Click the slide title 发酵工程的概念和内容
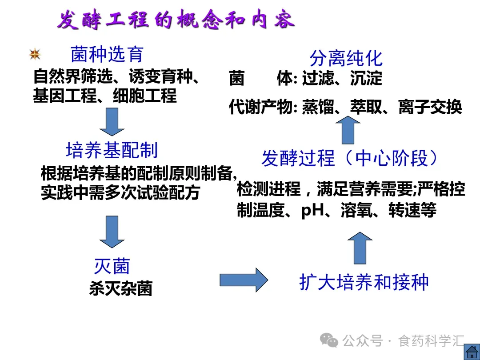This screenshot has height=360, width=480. [x=176, y=20]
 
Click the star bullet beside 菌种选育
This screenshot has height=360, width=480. [x=35, y=55]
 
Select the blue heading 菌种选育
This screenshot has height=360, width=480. [x=107, y=55]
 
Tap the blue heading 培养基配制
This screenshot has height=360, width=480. [x=112, y=150]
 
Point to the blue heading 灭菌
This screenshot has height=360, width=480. [x=112, y=266]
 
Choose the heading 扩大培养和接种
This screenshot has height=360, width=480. [x=364, y=282]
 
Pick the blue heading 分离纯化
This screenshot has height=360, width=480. [x=346, y=58]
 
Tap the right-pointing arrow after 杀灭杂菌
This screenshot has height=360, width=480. [x=244, y=280]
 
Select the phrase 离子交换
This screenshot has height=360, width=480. [x=430, y=107]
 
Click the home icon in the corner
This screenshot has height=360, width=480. [x=471, y=351]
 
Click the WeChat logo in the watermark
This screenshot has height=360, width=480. [x=329, y=340]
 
